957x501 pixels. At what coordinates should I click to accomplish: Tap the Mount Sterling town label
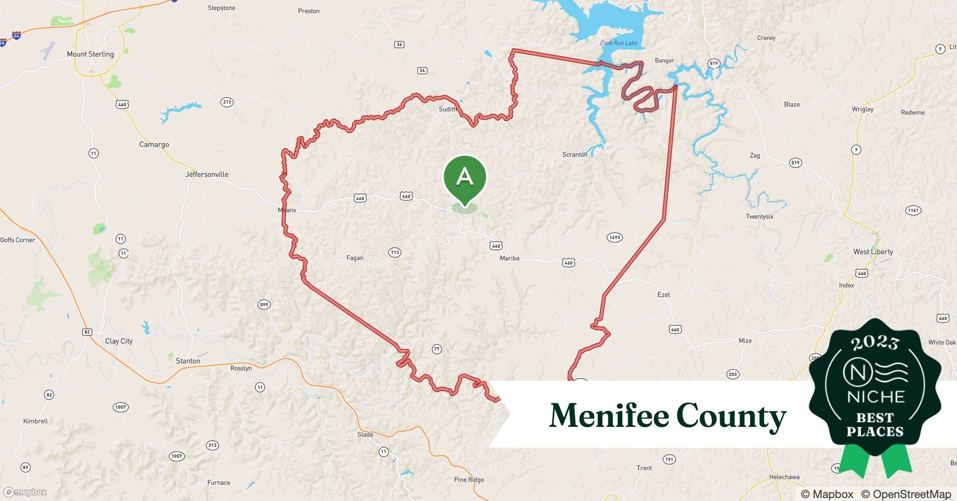(90, 54)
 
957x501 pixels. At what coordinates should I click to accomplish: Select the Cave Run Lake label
(619, 43)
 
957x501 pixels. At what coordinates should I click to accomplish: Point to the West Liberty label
(873, 252)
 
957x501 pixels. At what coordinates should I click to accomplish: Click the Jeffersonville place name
(206, 174)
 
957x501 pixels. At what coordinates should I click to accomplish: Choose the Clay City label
(119, 341)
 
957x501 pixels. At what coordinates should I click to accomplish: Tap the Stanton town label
(188, 361)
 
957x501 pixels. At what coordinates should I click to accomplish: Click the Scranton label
(575, 154)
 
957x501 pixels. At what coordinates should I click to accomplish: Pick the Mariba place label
(509, 258)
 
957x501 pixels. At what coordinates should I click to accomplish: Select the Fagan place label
(355, 258)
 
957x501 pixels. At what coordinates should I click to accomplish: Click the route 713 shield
(395, 253)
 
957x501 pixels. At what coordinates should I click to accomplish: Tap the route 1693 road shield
(614, 237)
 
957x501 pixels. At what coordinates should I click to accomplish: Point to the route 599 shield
(264, 305)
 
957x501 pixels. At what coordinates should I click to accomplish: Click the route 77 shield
(437, 349)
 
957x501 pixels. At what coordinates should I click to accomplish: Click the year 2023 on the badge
(874, 343)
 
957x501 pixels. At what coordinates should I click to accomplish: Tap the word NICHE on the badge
(875, 397)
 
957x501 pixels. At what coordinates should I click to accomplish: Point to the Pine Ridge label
(469, 479)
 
